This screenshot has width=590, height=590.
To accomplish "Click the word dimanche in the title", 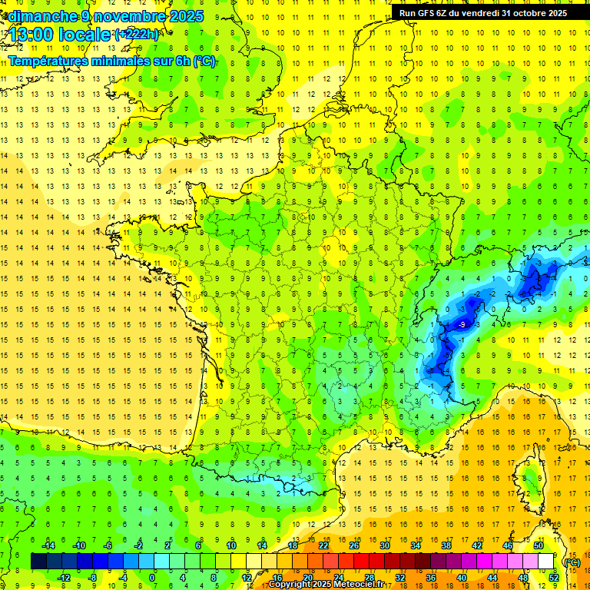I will tap(38, 16).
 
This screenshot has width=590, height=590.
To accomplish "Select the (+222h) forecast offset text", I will tap(137, 35).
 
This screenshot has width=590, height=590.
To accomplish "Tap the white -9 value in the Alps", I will tap(461, 325).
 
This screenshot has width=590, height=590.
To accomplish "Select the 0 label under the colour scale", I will tap(152, 578).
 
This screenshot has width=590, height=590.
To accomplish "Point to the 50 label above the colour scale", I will tap(538, 545).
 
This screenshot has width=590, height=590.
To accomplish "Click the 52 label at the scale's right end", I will tap(553, 578).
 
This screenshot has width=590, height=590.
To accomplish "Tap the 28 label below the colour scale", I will tap(370, 578).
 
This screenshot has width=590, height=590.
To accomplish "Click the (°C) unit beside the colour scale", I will tap(572, 562).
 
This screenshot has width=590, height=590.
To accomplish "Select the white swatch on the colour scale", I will tap(545, 562).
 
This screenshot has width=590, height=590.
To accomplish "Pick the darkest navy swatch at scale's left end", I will tap(38, 562).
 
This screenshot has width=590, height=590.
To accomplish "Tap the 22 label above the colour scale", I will tap(323, 545).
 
